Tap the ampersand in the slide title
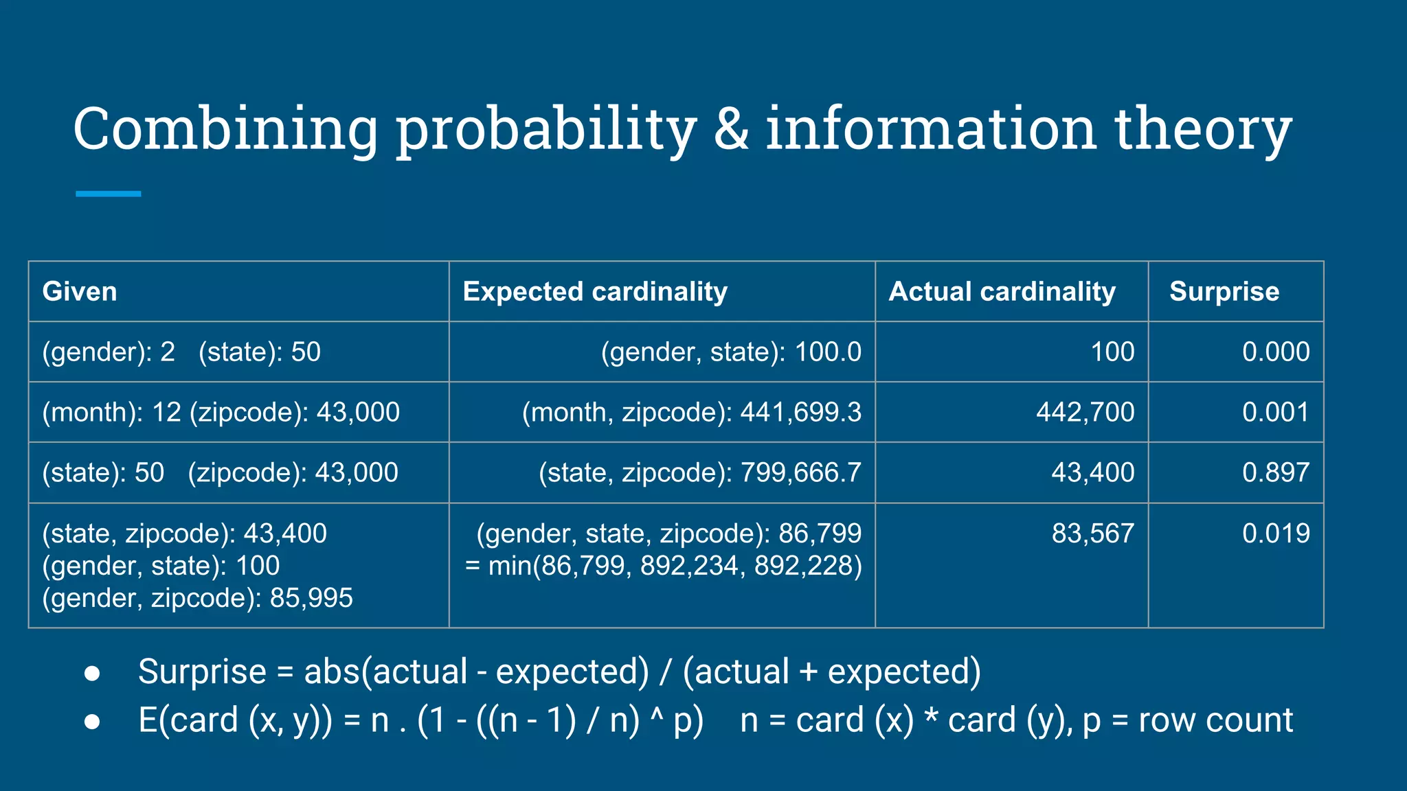(x=731, y=129)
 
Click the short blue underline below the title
(x=108, y=194)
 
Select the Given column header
(x=80, y=292)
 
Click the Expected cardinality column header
(x=595, y=292)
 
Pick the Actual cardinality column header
(x=1002, y=292)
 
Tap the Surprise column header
(x=1224, y=292)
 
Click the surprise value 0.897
(x=1275, y=472)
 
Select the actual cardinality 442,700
(x=1085, y=412)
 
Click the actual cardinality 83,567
(x=1092, y=534)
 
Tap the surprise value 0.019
(x=1275, y=534)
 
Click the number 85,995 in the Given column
(x=311, y=598)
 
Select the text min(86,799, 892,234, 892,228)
(x=674, y=566)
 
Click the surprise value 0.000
(x=1275, y=352)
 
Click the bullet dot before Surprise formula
(x=92, y=673)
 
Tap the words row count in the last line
(x=1215, y=720)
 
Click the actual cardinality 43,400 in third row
(x=1092, y=472)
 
